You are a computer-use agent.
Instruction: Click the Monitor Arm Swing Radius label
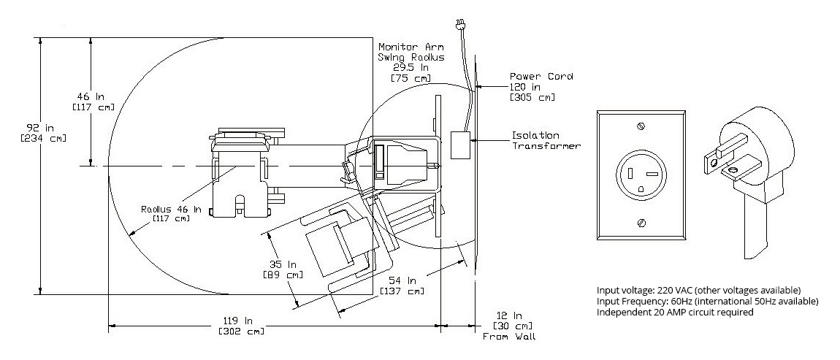coord(411,52)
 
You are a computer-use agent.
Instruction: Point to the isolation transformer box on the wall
coord(459,145)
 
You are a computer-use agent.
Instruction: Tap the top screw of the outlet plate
coord(640,127)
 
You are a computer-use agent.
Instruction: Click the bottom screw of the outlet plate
coord(641,221)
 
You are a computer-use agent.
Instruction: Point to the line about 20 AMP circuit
coord(674,312)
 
